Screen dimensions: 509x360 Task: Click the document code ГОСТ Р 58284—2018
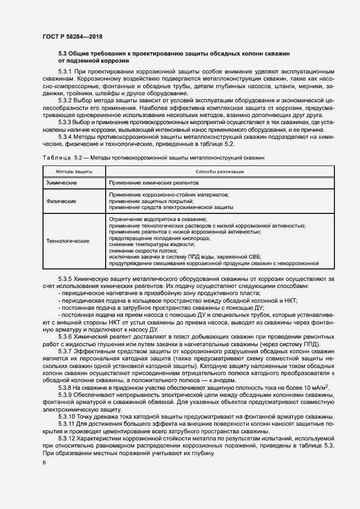72,36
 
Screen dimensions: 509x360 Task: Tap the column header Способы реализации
212,171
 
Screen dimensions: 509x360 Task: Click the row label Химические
62,182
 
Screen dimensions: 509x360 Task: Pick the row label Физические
61,201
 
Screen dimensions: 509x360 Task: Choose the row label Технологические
69,241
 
